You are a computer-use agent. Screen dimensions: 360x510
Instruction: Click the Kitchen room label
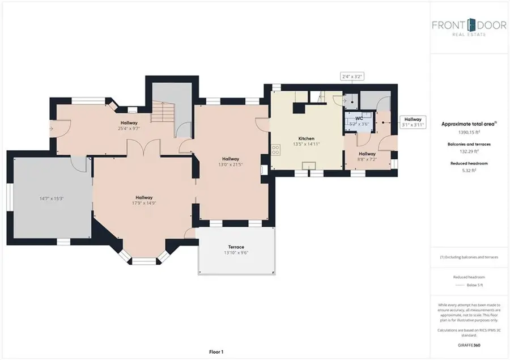tap(306, 138)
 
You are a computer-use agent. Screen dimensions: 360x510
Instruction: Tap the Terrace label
tap(236, 247)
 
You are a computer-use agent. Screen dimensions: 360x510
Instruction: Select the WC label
tap(358, 118)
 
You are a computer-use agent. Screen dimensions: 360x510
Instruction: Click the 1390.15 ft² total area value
tap(469, 131)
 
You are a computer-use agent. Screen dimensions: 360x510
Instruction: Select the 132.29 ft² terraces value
tap(469, 151)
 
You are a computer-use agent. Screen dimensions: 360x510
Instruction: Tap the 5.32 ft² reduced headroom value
tap(469, 171)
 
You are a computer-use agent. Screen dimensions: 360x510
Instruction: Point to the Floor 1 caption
tap(216, 352)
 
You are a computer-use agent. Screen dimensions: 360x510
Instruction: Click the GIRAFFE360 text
tap(469, 345)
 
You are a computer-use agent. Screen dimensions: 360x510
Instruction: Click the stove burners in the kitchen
tap(276, 150)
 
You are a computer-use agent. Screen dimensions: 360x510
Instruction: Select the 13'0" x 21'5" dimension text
tap(230, 165)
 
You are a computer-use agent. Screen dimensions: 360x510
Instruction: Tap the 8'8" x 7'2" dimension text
tap(367, 160)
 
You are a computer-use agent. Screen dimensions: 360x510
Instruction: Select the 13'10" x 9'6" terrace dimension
tap(236, 253)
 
